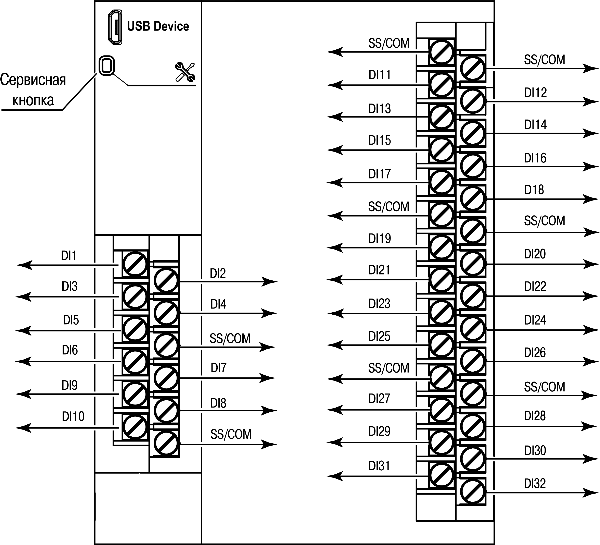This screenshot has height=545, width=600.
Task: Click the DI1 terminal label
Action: point(69,256)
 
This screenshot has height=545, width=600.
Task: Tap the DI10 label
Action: point(73,416)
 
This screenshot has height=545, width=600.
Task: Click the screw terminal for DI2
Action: point(166,281)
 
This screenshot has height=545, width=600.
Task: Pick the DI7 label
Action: point(218,368)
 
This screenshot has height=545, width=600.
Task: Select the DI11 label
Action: point(380,75)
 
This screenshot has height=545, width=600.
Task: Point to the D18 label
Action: point(534,189)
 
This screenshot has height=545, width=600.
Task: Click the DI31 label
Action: point(379,466)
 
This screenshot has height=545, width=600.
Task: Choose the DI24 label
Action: point(535,320)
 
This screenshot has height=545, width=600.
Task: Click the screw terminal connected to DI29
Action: point(441,443)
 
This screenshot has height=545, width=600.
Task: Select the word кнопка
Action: point(33,100)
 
